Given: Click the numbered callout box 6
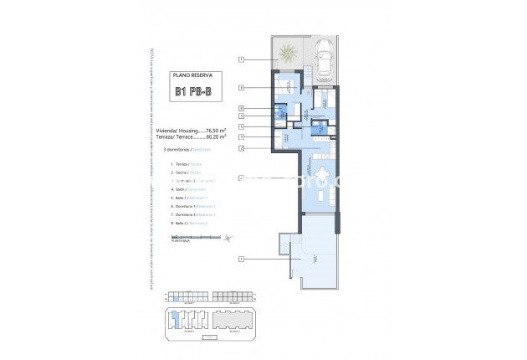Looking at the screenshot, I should point(240,87).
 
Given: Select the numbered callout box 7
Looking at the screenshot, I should point(240,136).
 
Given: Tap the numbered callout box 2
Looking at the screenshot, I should point(240,148).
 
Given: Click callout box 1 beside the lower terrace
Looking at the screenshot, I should point(240,259).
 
